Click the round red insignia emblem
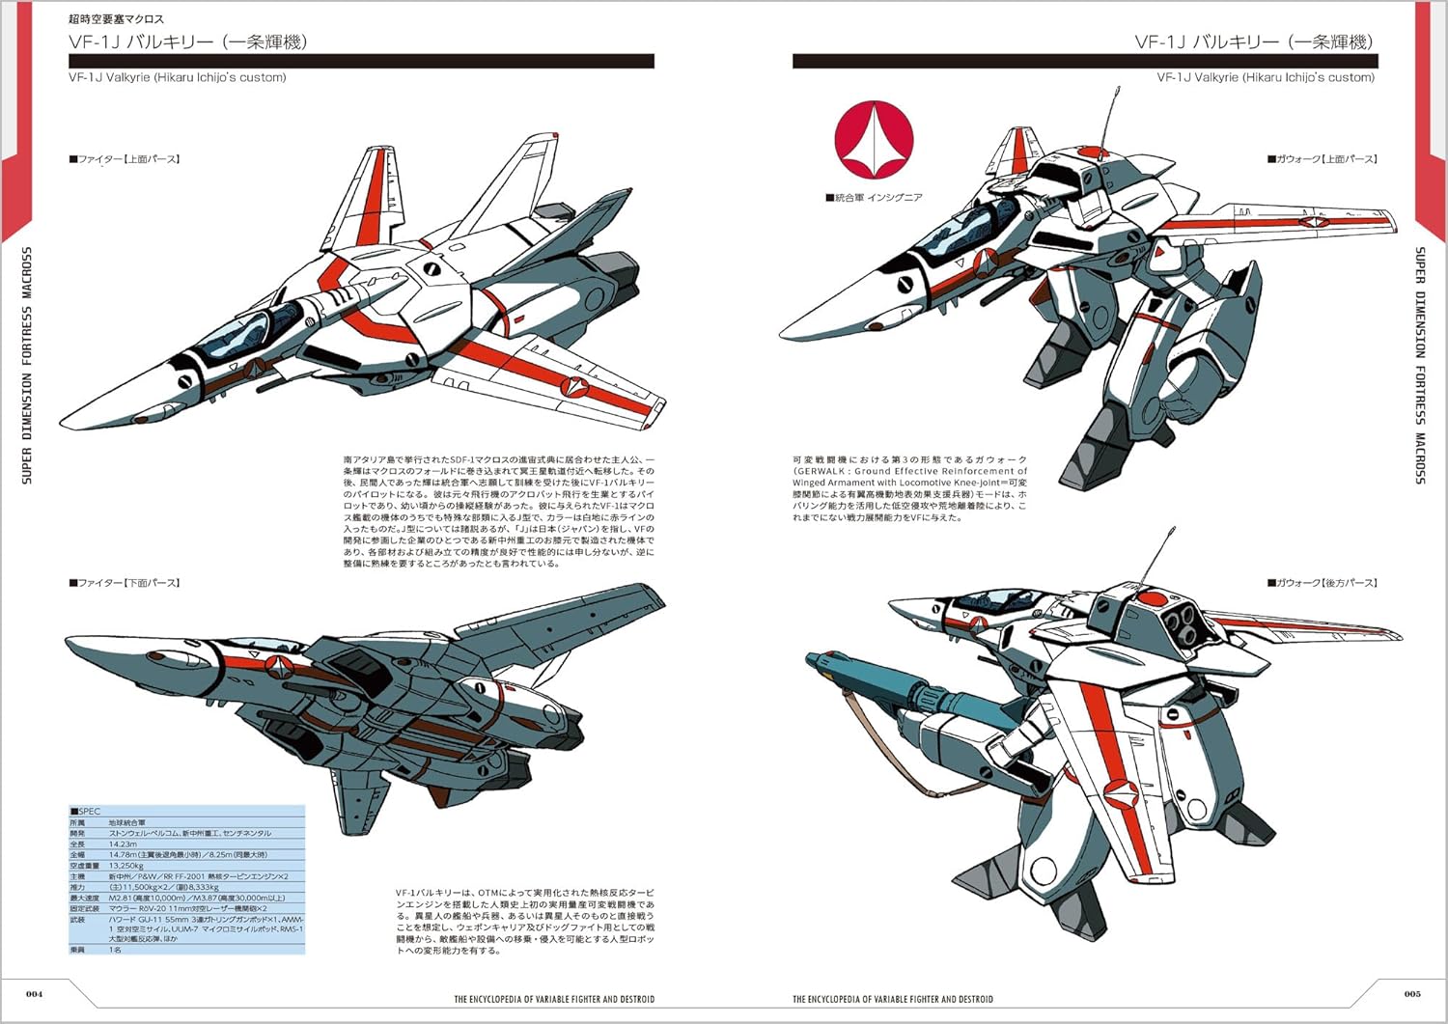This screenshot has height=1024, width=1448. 874,140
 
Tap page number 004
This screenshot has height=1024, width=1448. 35,993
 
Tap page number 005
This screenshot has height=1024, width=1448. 1412,993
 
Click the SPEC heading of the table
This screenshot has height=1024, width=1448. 86,812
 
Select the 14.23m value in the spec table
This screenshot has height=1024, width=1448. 124,844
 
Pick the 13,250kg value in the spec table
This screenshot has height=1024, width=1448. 127,866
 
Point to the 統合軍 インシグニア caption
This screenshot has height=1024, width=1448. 875,198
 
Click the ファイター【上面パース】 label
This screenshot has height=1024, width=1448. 125,159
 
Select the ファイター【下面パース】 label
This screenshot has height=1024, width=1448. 125,583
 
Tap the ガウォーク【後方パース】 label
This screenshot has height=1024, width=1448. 1322,583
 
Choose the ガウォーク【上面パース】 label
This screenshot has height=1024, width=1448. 1322,159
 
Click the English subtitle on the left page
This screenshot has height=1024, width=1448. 177,77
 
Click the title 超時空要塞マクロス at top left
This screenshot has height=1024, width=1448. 116,19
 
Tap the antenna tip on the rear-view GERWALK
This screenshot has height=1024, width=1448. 1174,529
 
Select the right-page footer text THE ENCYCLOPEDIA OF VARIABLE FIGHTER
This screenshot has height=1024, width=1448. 892,999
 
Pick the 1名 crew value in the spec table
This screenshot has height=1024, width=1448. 115,950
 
